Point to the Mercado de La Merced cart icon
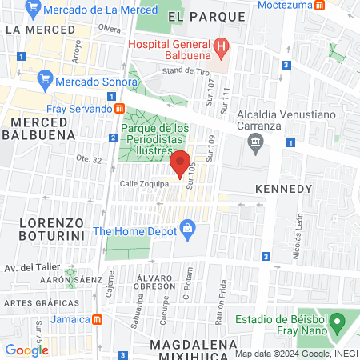pyautogui.click(x=33, y=9)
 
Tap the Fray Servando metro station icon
pyautogui.click(x=119, y=109)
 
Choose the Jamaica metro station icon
pyautogui.click(x=97, y=319)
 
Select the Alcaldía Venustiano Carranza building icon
pyautogui.click(x=256, y=145)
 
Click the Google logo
pyautogui.click(x=26, y=350)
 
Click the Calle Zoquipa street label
pyautogui.click(x=144, y=184)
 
